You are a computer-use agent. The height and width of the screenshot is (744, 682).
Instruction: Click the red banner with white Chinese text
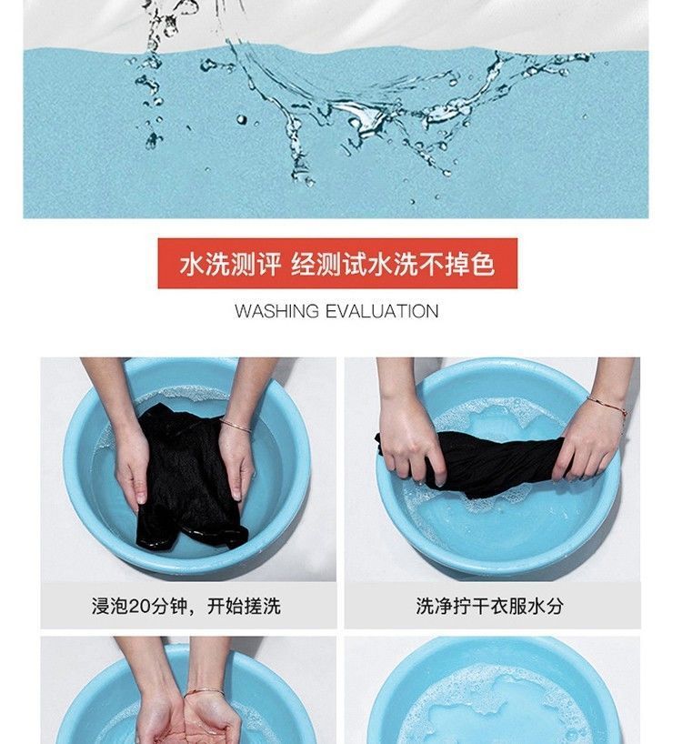tap(337, 264)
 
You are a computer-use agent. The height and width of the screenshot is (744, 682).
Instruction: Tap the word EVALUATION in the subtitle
tap(382, 311)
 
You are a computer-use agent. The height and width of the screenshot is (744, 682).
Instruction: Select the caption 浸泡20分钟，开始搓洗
tap(186, 606)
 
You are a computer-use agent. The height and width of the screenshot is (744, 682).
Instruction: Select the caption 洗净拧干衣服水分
tap(490, 606)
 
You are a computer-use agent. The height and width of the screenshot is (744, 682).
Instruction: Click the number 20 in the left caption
tap(139, 607)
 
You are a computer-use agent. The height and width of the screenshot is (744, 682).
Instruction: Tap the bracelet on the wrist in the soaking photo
tap(236, 426)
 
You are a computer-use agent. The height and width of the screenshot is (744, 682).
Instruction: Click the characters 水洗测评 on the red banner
tap(230, 264)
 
